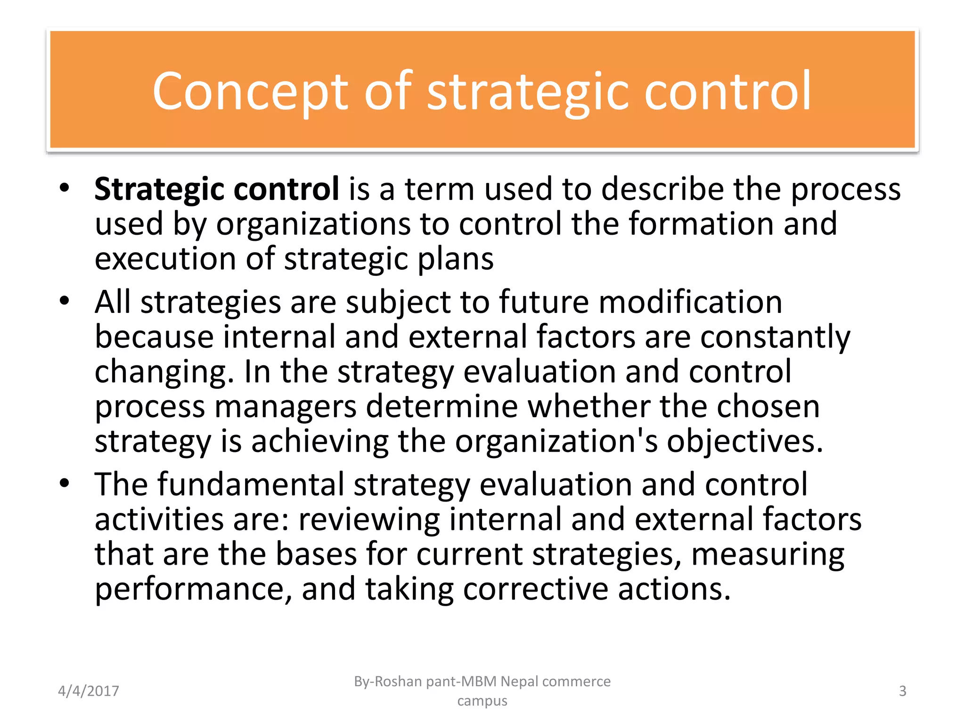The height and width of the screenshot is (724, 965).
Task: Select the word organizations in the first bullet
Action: tap(313, 224)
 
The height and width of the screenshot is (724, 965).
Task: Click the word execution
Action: tap(165, 259)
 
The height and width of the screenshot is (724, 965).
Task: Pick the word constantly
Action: tap(775, 337)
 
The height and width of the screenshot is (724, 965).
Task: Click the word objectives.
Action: tap(744, 442)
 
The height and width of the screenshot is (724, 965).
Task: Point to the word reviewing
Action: tap(369, 519)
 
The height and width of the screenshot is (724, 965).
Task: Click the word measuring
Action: tap(768, 554)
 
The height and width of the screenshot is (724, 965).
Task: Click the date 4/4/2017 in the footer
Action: tap(89, 691)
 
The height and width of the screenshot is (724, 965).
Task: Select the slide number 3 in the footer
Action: tap(902, 691)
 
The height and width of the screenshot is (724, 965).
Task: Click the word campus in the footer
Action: tap(482, 701)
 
